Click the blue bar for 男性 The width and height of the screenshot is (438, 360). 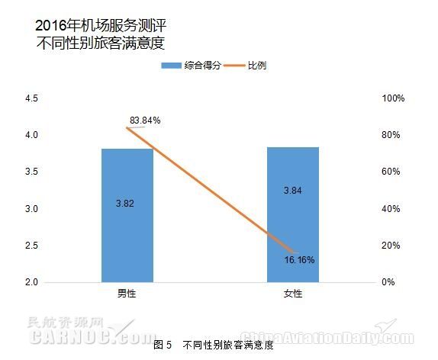(127, 215)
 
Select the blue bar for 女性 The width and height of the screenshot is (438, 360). (293, 214)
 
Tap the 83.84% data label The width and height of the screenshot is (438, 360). (145, 121)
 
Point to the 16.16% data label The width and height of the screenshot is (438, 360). (299, 260)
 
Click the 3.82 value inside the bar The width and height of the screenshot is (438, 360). (125, 204)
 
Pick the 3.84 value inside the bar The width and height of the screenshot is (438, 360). (292, 191)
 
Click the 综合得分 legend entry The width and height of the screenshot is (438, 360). (191, 66)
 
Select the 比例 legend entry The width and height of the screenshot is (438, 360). (245, 66)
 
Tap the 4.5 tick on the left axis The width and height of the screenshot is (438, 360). (31, 98)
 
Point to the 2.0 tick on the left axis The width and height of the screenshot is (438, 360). (31, 282)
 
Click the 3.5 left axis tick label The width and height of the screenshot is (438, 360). (31, 172)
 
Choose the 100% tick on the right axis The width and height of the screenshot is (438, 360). (393, 98)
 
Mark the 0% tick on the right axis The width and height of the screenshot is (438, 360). (388, 282)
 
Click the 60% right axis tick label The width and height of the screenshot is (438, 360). (391, 172)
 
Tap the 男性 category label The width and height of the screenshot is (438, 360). (127, 294)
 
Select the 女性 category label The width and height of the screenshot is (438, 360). (293, 294)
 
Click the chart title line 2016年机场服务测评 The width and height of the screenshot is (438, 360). (101, 26)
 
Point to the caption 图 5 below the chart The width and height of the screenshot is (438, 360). (163, 345)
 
